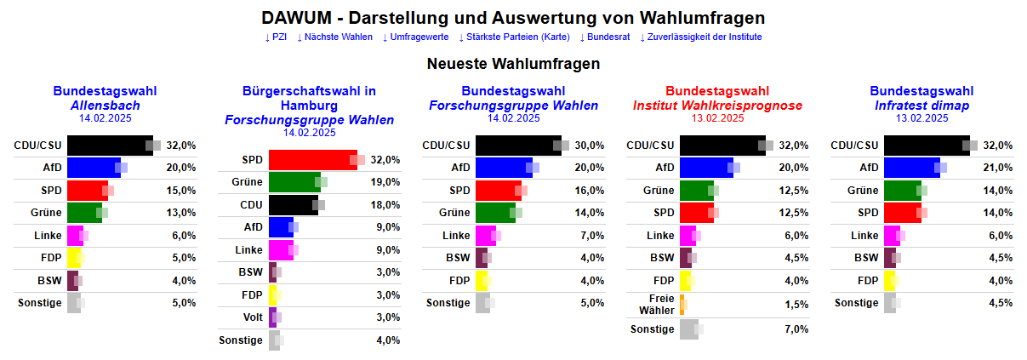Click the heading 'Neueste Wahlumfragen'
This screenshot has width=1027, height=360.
tap(513, 64)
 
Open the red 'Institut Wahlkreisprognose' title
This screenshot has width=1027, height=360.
tap(717, 106)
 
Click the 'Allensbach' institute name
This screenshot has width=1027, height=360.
tap(105, 106)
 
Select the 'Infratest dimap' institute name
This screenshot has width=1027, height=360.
tap(921, 106)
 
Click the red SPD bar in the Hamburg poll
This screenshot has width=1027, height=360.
tap(312, 160)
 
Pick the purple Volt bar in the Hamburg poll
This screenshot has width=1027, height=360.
tap(272, 317)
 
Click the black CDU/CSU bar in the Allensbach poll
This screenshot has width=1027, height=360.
tap(109, 146)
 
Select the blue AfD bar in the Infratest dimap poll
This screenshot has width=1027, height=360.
tap(911, 168)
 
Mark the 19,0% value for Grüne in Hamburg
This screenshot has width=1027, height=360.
tap(386, 182)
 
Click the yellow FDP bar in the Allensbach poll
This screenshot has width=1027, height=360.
tap(73, 258)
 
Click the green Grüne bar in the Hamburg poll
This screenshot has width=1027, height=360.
tap(294, 182)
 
